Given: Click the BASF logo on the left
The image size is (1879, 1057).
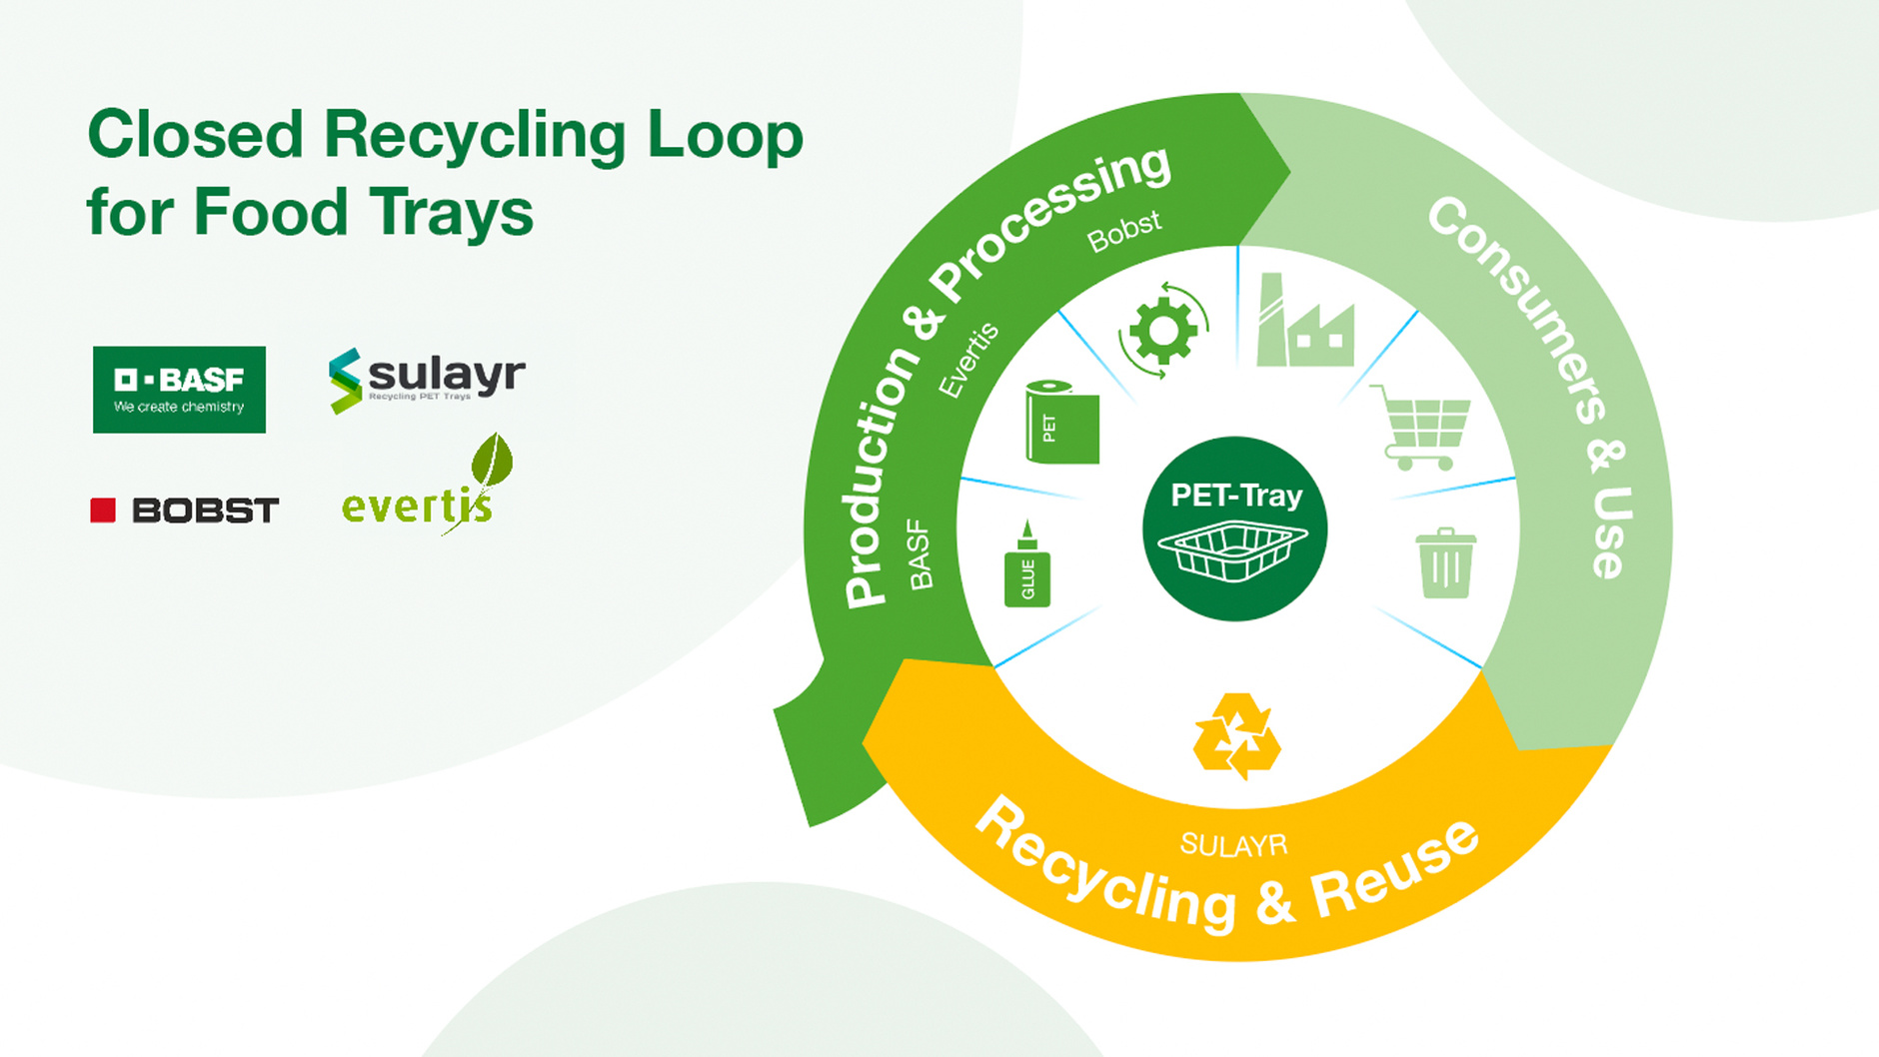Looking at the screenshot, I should (179, 390).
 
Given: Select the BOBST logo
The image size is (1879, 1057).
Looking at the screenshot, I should (185, 511).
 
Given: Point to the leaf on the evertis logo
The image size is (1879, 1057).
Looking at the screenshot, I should (492, 460).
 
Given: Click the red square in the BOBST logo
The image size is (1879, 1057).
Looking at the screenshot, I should (103, 511).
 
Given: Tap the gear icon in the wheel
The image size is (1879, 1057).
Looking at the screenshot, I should (1162, 331).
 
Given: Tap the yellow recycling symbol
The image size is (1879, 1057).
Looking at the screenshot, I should (1237, 736).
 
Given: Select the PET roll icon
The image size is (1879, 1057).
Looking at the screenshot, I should (1061, 423).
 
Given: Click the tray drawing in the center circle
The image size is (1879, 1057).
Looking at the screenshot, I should (1232, 552).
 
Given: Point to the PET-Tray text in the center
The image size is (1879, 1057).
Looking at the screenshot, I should (1236, 496).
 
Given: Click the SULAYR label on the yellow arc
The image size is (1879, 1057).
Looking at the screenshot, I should (1233, 845).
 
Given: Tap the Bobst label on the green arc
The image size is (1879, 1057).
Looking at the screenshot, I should (1124, 231).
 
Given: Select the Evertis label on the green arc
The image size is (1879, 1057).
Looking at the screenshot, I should (968, 360).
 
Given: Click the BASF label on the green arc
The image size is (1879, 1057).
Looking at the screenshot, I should (920, 554).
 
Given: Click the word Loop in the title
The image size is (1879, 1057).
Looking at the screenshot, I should (726, 137).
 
